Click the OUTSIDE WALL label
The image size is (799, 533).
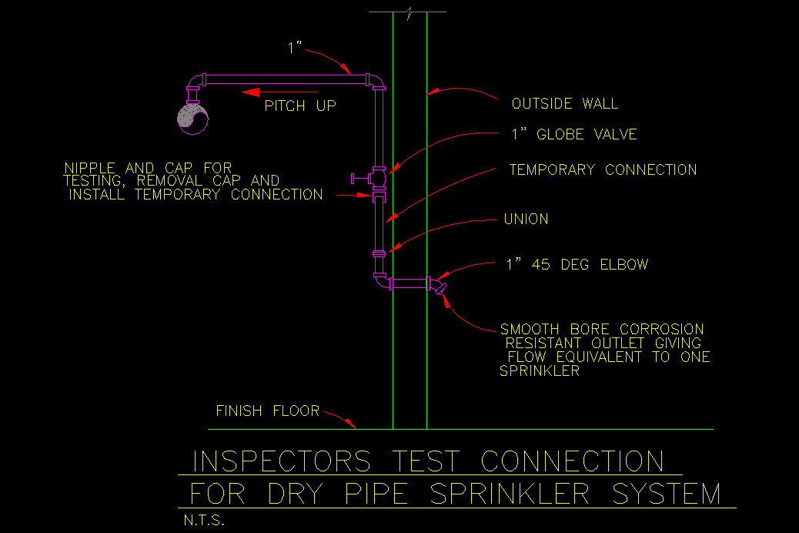point(564,104)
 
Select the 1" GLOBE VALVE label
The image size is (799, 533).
point(573,135)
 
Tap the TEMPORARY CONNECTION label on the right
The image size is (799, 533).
point(603,170)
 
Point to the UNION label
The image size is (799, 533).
point(526,220)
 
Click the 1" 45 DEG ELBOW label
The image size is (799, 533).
point(577,265)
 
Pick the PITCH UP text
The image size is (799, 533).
point(300,106)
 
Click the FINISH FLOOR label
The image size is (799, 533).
point(267,411)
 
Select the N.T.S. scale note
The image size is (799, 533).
point(204,521)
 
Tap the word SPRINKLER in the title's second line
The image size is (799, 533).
point(512,494)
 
